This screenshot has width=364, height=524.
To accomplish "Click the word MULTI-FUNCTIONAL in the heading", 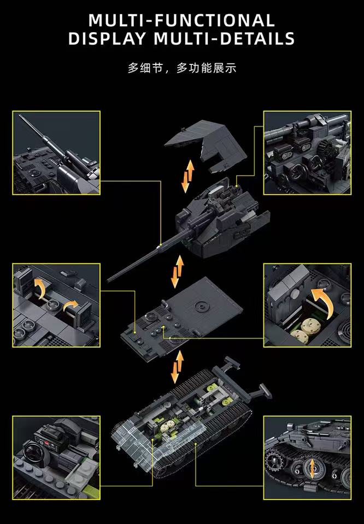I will (181, 20).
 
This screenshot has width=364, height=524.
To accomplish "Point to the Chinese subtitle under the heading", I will (181, 69).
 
